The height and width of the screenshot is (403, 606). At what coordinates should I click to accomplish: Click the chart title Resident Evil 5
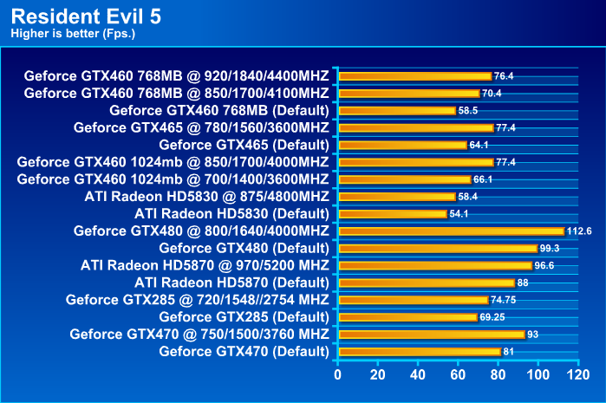tap(86, 16)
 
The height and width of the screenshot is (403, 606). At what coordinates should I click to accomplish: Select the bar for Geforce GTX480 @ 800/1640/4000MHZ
tap(451, 231)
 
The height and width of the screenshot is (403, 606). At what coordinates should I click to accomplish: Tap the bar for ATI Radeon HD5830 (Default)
tap(393, 213)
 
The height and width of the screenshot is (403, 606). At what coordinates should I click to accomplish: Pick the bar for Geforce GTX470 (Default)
tap(420, 351)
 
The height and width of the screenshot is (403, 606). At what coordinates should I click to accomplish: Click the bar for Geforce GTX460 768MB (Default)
tap(397, 110)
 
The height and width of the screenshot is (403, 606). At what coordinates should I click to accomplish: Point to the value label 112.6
tap(579, 231)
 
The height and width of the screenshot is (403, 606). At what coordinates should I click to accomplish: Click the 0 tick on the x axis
tap(338, 375)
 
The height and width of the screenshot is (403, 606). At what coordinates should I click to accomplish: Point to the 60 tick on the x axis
tap(458, 375)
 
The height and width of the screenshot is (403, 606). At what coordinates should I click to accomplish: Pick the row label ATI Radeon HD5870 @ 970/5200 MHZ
tap(205, 265)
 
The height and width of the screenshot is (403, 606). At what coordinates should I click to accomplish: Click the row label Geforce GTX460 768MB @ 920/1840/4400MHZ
tap(177, 75)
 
